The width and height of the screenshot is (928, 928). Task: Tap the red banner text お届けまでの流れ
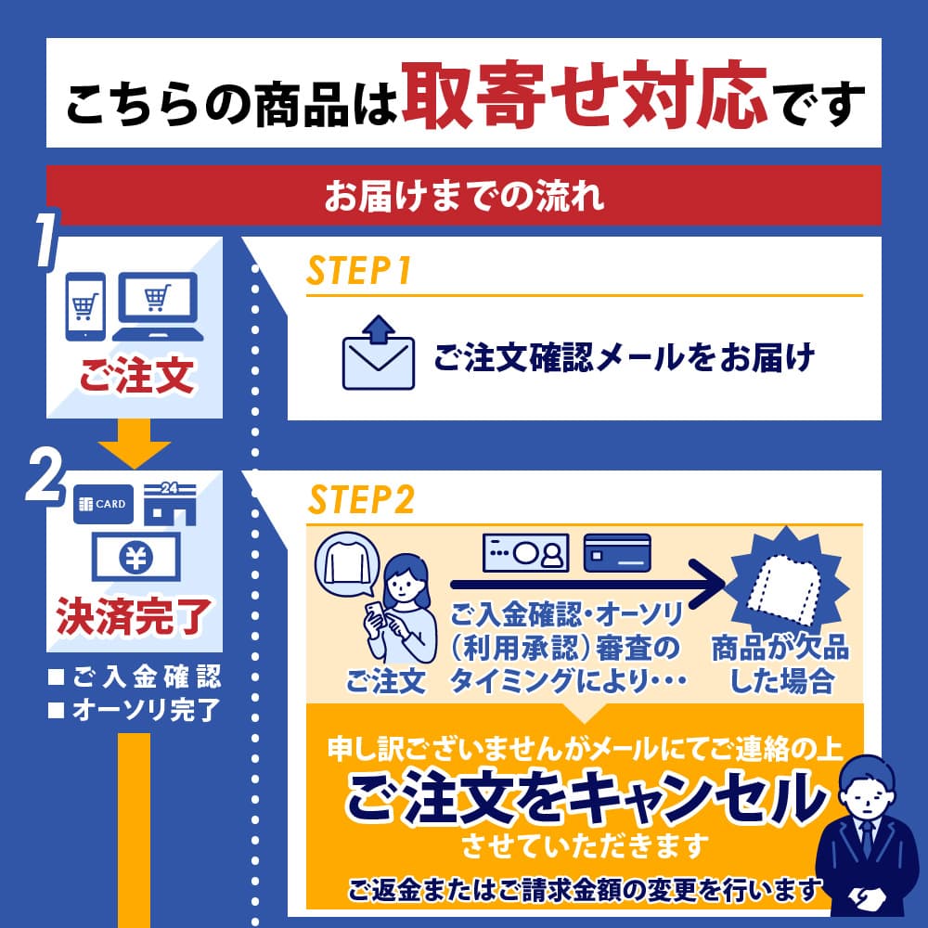coord(463,196)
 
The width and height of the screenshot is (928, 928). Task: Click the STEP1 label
coord(358,272)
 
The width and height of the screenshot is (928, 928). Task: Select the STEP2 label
coord(361,502)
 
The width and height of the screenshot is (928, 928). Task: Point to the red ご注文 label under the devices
coord(136,378)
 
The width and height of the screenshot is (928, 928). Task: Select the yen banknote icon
coord(135,558)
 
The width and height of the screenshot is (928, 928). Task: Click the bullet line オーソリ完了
coord(135,711)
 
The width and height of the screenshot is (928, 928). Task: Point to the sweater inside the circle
coord(347,566)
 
